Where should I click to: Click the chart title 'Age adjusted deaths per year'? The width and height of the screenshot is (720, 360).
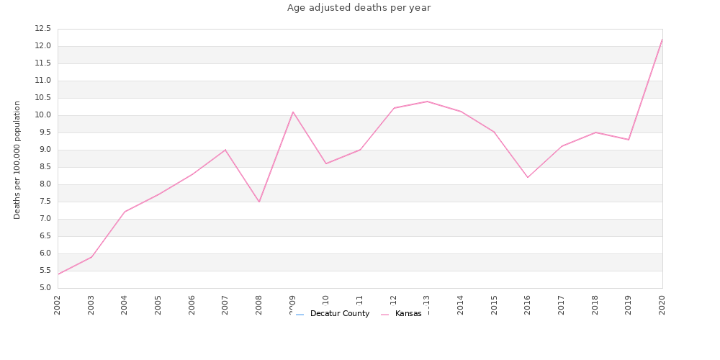359,8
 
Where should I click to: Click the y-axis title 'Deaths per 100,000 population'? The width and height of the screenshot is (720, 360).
17,159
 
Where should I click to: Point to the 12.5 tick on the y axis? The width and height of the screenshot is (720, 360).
42,29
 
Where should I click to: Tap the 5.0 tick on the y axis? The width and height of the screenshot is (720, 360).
44,288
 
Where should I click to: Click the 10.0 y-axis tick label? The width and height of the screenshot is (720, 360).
42,115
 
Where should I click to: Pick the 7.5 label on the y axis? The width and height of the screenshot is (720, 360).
44,202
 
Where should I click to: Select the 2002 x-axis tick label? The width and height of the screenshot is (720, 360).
58,305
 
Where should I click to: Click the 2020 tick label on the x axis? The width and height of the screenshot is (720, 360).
662,305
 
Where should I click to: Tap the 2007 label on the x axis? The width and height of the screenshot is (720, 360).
225,305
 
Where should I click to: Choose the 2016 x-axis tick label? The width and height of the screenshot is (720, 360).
528,305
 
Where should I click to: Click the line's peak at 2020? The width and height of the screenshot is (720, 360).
662,39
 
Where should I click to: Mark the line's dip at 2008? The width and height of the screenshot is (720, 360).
259,202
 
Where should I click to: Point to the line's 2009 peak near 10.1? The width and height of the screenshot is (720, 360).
293,112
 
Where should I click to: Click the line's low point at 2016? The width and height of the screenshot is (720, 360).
528,177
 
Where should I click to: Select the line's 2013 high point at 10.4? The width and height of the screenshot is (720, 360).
427,102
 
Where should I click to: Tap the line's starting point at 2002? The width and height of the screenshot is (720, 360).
58,274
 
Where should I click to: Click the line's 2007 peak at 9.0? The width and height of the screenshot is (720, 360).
225,150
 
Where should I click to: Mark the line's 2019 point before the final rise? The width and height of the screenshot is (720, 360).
629,140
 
